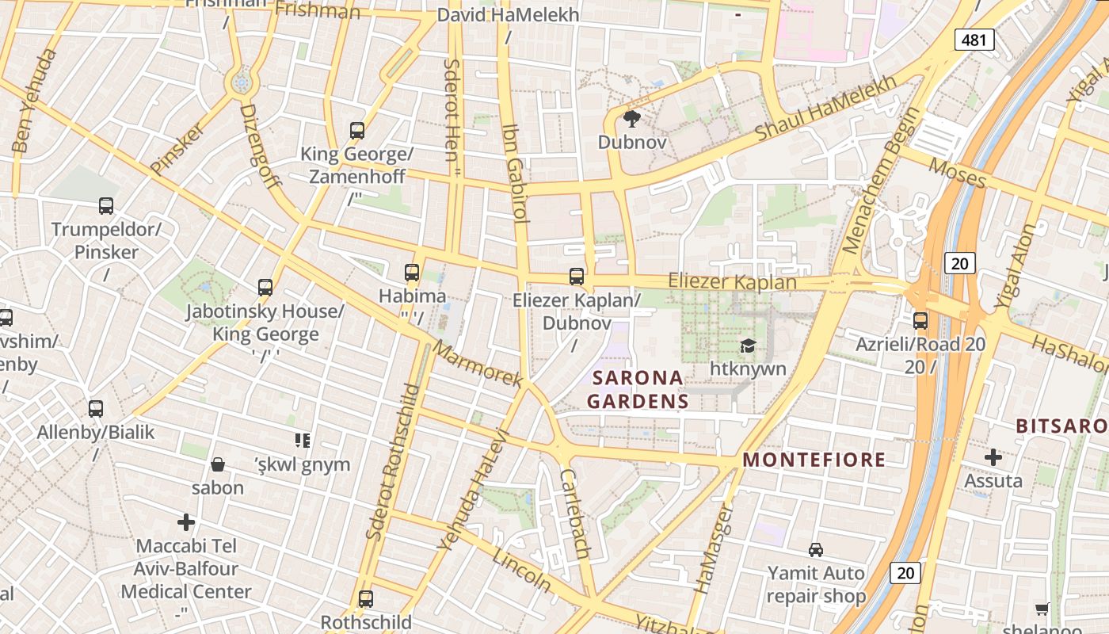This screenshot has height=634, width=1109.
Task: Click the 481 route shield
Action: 974,39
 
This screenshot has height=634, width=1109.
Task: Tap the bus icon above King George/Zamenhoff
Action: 357,131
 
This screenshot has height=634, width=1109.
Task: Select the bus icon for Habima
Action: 412,273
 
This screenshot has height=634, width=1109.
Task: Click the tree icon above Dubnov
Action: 631,120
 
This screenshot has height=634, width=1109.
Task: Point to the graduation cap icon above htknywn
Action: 748,346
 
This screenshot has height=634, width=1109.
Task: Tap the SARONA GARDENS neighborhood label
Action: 637,389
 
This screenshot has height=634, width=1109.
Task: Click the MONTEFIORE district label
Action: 814,460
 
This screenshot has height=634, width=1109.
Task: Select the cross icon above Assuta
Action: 993,457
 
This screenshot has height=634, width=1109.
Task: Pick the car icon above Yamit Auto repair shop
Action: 815,549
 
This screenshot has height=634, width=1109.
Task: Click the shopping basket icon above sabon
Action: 218,464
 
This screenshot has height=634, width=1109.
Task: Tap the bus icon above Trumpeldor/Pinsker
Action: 106,206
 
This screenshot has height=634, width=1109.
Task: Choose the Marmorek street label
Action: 478,364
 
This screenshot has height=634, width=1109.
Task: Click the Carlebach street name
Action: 575,513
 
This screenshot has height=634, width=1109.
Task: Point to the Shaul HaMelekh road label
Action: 826,109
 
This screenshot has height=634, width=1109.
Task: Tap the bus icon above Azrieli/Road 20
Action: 920,321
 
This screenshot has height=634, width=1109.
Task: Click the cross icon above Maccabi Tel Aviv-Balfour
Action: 186,522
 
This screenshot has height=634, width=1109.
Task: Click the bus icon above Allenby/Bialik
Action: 96,409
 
